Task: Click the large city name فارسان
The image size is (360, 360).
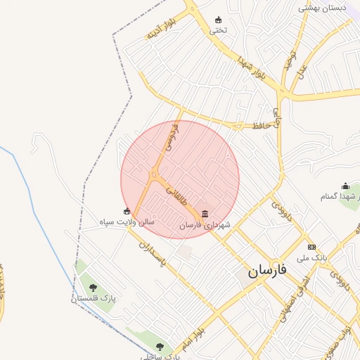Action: tap(269, 271)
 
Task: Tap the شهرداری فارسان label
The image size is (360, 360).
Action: tap(205, 225)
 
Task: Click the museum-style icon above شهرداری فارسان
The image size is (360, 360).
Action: tap(205, 213)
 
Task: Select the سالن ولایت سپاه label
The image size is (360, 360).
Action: tap(127, 222)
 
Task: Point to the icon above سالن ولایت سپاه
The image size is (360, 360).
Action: tap(127, 211)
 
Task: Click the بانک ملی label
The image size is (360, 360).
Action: tap(311, 258)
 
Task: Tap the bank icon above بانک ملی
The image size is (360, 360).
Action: tap(311, 247)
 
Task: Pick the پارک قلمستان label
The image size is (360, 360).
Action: tap(93, 299)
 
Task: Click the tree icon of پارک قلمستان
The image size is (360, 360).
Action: tap(93, 287)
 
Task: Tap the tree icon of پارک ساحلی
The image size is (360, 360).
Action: tap(160, 346)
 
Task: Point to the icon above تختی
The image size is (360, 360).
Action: tap(218, 19)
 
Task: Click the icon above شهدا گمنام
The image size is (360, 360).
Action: tap(345, 186)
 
